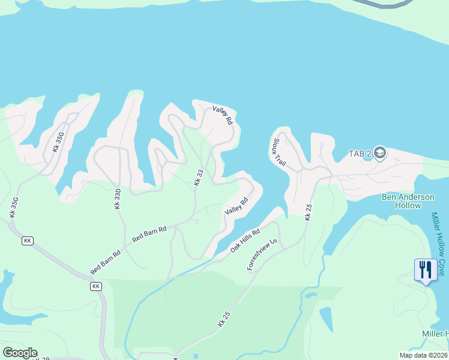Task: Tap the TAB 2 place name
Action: [x=360, y=154]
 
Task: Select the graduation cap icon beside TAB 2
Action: [x=379, y=154]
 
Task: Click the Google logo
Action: [x=20, y=353]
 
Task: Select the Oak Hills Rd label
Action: [x=246, y=241]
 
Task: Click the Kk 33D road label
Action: [x=118, y=199]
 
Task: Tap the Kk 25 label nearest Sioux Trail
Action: [x=308, y=212]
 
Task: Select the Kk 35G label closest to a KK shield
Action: [x=13, y=207]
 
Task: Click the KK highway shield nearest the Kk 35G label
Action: [x=27, y=241]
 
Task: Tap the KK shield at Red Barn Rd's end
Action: [x=96, y=286]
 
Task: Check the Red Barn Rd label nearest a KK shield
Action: [x=106, y=262]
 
